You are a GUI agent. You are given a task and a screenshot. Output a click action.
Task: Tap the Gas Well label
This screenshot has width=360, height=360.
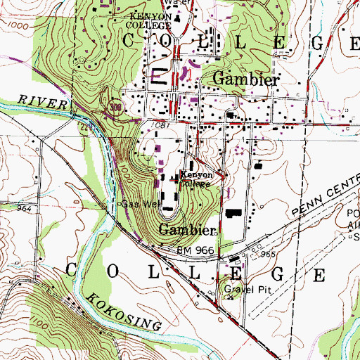(138, 205)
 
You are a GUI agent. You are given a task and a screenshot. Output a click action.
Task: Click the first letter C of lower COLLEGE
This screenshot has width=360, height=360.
(72, 269)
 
